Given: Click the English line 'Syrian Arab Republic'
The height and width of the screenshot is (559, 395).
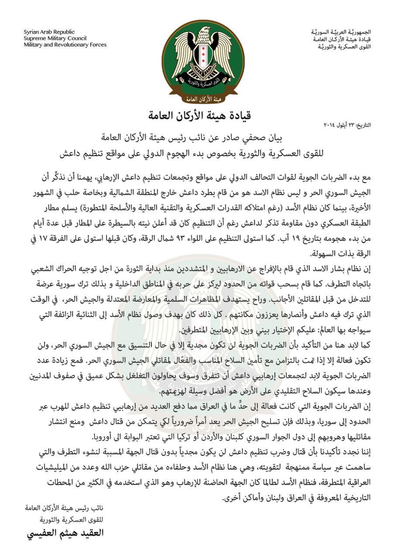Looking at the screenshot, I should click(49, 32).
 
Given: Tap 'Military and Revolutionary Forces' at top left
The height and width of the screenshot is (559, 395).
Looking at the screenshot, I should click(65, 45).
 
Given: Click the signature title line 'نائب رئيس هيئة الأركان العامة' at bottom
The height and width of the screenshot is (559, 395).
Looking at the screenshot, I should click(65, 508).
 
